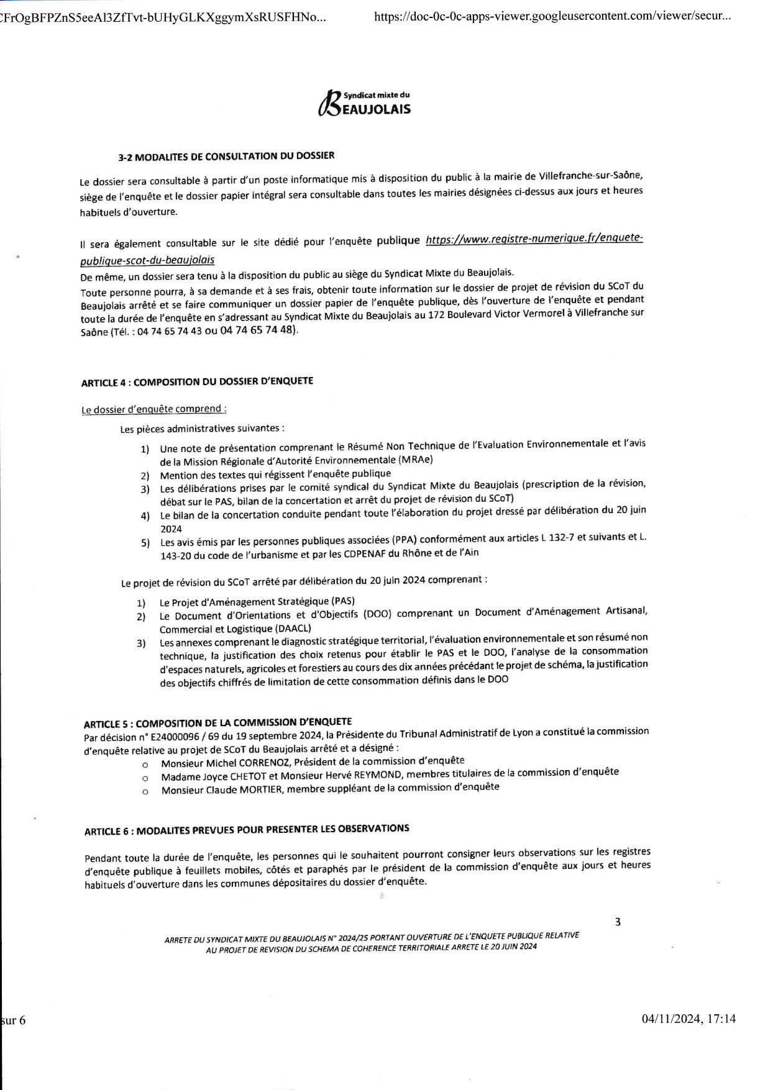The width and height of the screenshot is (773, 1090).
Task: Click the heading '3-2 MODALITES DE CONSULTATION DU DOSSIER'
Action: point(226,157)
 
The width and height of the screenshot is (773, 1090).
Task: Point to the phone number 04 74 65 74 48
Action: point(257,330)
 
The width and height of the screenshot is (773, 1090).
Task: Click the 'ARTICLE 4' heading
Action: point(197,381)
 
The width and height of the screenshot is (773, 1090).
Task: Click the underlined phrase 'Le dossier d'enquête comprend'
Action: point(153,409)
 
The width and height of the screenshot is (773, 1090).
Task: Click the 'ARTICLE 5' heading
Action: point(217,723)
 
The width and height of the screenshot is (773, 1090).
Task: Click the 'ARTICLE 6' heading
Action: point(247,830)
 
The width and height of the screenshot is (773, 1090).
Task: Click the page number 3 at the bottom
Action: point(618,922)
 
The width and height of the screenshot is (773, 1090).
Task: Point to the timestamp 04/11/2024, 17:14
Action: point(688,1019)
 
